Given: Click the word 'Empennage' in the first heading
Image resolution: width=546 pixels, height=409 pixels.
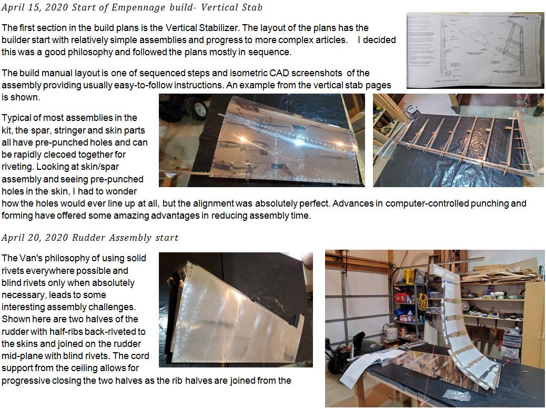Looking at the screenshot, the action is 138,8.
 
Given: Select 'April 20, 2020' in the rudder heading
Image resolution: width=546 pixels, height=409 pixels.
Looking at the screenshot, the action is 35,238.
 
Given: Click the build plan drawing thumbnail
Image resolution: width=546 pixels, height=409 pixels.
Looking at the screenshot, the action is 475,50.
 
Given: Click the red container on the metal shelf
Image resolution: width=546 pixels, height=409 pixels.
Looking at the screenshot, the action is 401,298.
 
